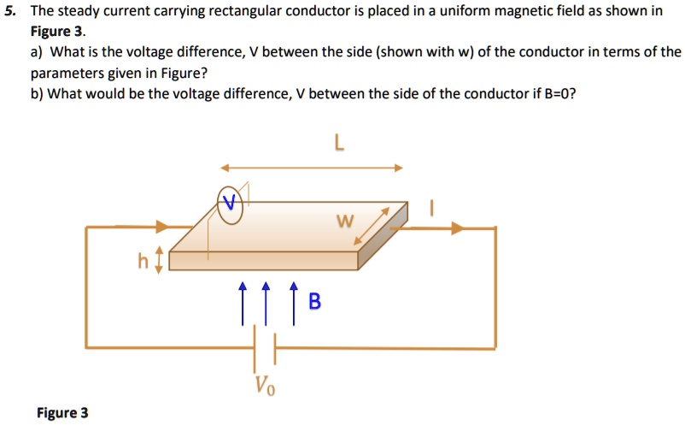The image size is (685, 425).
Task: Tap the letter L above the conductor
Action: coord(340,145)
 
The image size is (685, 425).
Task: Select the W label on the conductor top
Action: coord(344,223)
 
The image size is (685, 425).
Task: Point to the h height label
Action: coord(144,261)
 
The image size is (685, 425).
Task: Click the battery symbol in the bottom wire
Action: coord(265,348)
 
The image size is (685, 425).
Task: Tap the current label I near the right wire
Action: coord(433,208)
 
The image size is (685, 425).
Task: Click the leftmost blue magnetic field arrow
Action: coord(243,304)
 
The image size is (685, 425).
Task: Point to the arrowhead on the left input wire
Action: coord(162,227)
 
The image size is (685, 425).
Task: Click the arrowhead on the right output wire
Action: coord(460,228)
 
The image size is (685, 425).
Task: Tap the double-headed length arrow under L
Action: coord(311,168)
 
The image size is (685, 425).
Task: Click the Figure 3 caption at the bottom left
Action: coord(62,413)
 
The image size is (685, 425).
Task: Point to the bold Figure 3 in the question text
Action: coord(56,32)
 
